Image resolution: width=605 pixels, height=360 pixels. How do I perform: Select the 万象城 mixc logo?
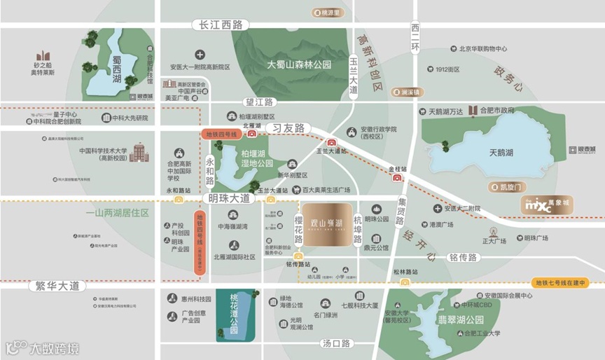click(x=549, y=206)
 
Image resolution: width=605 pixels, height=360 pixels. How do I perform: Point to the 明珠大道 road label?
click(x=229, y=199)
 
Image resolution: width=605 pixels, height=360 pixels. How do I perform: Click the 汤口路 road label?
click(x=336, y=343)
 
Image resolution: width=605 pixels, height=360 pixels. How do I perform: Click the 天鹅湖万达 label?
click(x=446, y=111)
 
